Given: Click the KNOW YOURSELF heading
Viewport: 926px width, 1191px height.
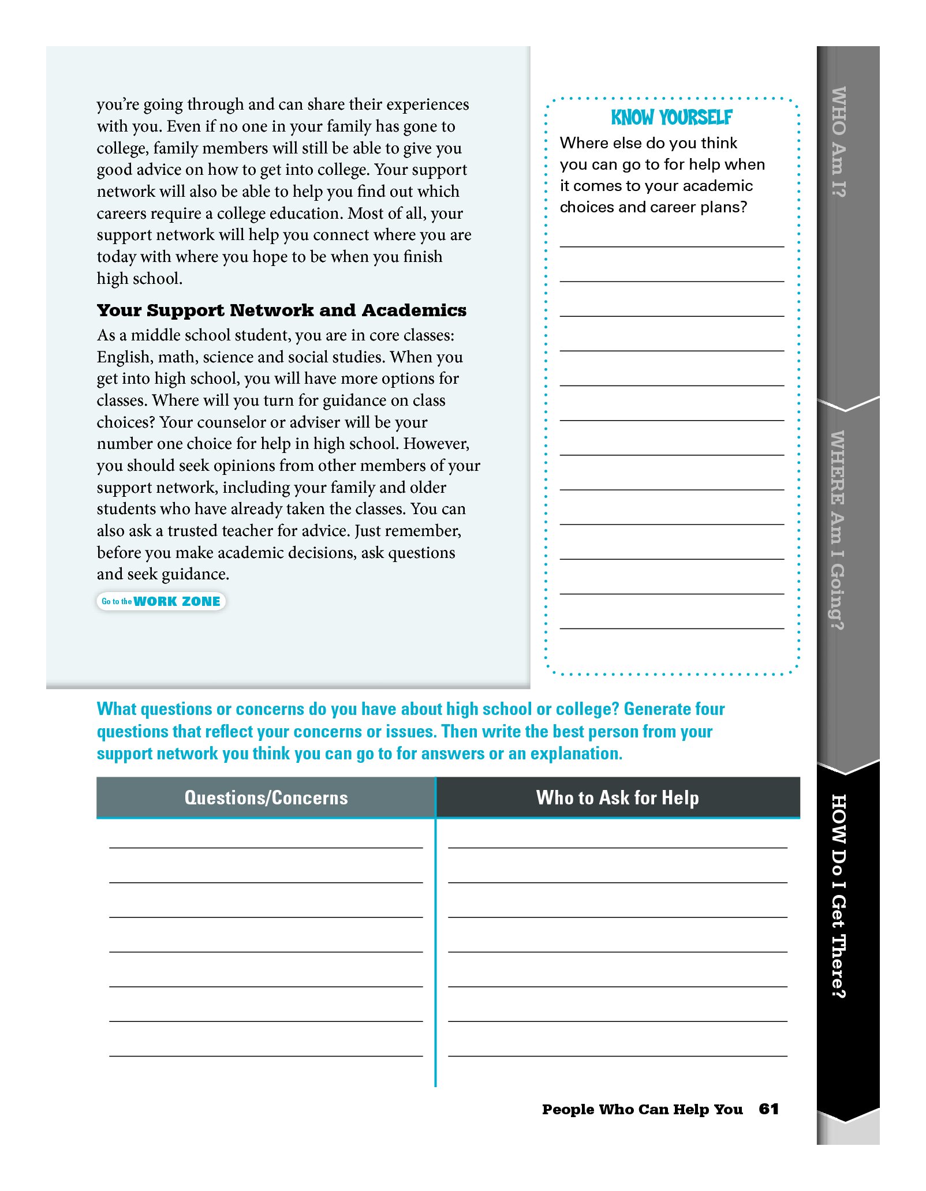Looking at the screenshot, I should pos(671,118).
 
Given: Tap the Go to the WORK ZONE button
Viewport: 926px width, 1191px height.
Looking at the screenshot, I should pos(161,601).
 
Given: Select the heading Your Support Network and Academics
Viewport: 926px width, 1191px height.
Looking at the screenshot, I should pos(281,310).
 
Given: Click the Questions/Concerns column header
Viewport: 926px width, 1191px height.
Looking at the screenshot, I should pos(266,797).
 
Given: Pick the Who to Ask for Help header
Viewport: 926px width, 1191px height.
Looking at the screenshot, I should pos(617,797).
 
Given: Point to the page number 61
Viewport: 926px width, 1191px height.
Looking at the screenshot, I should pos(768,1108).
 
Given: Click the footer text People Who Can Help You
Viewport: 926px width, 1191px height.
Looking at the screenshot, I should pos(642,1109).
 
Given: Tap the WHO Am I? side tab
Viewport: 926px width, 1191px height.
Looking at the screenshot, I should pos(838,142).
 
